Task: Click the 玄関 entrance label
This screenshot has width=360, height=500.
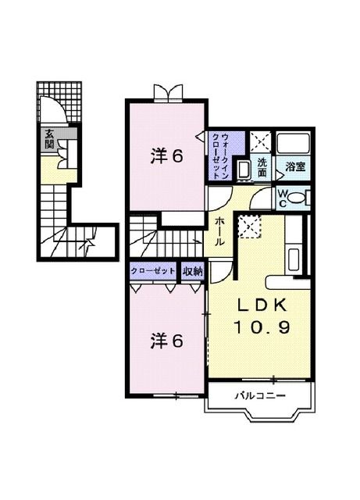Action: click(x=48, y=139)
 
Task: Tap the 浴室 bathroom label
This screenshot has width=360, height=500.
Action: click(x=295, y=166)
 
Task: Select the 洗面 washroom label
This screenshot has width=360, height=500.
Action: click(x=262, y=167)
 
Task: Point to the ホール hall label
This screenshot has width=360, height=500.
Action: click(x=218, y=231)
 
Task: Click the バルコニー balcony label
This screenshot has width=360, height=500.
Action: click(x=260, y=396)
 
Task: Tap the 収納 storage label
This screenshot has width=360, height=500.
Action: click(x=193, y=271)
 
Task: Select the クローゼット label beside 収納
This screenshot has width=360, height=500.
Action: click(x=153, y=271)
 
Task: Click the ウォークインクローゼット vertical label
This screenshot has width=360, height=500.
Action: click(x=220, y=156)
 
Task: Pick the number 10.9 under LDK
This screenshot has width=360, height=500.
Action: click(x=262, y=327)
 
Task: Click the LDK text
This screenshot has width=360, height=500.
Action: click(x=262, y=305)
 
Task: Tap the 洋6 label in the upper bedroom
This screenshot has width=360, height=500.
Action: click(x=167, y=156)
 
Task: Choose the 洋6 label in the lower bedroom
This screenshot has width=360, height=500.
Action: click(x=167, y=341)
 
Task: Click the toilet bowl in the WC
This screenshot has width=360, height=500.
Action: click(x=298, y=198)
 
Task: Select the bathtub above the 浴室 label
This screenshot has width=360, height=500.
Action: click(x=293, y=143)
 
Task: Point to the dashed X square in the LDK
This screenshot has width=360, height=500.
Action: click(x=250, y=226)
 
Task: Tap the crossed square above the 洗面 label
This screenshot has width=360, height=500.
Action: click(x=260, y=141)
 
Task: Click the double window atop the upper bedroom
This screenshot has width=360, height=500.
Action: click(x=168, y=93)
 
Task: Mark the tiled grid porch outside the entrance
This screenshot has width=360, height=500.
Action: click(x=59, y=102)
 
